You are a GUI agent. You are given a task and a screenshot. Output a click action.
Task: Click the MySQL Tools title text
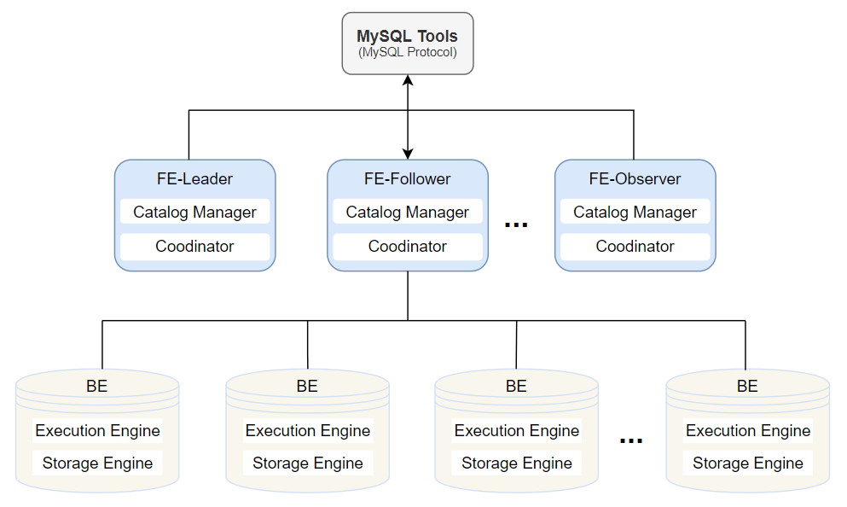pos(407,37)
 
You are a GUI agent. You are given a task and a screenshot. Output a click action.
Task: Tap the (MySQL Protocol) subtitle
pos(407,53)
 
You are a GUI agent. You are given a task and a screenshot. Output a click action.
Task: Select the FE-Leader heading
pos(194,179)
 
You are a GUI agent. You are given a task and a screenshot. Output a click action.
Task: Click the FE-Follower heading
pos(408,179)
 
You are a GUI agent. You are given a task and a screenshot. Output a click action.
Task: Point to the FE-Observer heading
pos(635,179)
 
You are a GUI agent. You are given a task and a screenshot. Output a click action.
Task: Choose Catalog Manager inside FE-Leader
pos(194,213)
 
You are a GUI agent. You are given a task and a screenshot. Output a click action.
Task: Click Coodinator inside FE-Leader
pos(194,247)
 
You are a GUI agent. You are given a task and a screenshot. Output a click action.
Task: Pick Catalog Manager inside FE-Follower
pos(408,213)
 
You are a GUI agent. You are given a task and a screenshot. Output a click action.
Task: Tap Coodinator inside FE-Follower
pos(408,247)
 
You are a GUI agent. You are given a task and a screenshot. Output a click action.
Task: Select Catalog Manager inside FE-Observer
pos(635,213)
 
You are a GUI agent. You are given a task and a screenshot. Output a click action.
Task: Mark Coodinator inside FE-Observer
pos(635,247)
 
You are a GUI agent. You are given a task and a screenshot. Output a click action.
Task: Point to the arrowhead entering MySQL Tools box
pos(408,80)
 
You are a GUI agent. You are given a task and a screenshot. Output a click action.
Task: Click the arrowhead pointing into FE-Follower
pos(408,154)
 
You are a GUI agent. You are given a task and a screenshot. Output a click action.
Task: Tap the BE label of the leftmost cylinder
pos(97,386)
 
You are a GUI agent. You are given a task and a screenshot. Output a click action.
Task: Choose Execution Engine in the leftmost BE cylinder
pos(97,431)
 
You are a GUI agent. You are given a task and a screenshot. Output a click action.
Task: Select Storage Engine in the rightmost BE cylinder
pos(748,463)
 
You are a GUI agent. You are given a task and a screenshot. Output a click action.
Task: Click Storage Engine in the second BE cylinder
pos(308,463)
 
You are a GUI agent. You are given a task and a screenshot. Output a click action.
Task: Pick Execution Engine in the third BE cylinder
pos(517,431)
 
